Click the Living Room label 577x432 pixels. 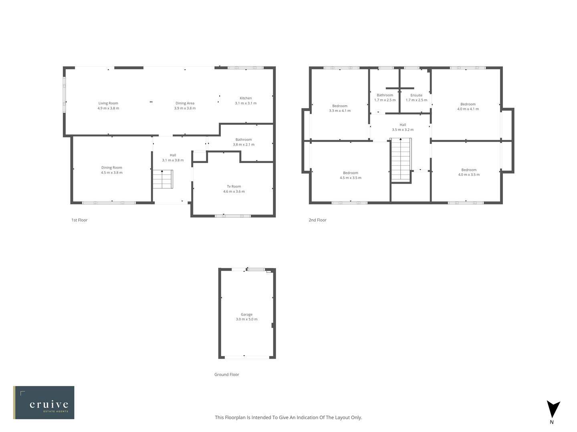tap(108, 103)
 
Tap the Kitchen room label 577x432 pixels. tap(246, 98)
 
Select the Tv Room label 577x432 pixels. tap(234, 186)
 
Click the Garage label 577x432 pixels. tap(246, 314)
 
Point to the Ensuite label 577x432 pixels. tap(416, 95)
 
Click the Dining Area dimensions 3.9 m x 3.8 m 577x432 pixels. tap(185, 108)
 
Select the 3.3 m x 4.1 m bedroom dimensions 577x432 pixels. tap(340, 111)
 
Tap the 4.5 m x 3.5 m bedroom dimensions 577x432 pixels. tap(351, 178)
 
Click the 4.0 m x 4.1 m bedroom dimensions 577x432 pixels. tap(468, 109)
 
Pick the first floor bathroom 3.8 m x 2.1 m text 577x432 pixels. tap(244, 145)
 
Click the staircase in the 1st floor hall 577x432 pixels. tap(162, 180)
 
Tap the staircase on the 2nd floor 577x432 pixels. tap(401, 160)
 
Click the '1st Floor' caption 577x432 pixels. tap(79, 220)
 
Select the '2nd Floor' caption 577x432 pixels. tap(317, 220)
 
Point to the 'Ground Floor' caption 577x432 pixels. tap(226, 375)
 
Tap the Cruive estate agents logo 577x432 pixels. tap(44, 402)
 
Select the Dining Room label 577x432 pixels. tap(111, 168)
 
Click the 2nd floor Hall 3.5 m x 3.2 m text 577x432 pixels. tap(403, 130)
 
